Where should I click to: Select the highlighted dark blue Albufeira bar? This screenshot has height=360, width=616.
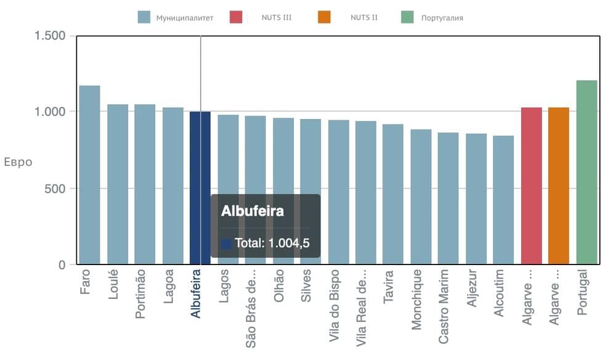[x=200, y=154]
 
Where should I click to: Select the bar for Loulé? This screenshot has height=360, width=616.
[x=117, y=184]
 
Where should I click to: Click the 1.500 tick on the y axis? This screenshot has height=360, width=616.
[x=51, y=36]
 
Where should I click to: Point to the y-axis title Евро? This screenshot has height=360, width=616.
[x=18, y=163]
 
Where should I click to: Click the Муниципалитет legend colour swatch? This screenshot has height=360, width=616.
[x=144, y=17]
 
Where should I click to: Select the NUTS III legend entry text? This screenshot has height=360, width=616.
[x=277, y=17]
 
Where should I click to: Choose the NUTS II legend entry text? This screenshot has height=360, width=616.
[x=364, y=17]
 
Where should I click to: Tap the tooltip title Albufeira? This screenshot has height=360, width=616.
[x=253, y=211]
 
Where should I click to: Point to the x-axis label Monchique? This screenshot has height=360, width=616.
[x=418, y=299]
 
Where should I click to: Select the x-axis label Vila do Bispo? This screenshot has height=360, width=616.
[x=334, y=305]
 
